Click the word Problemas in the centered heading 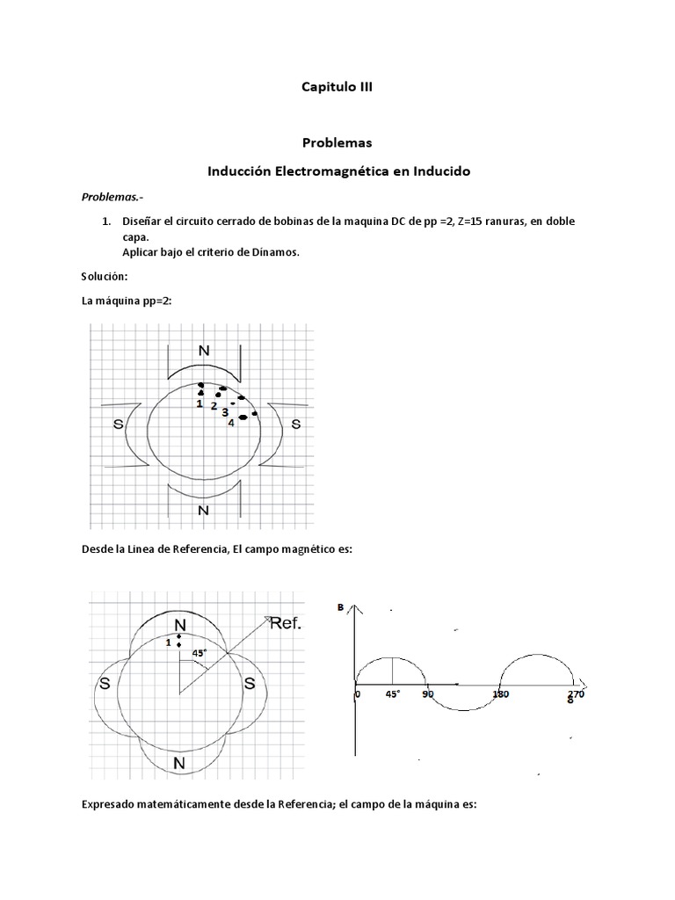(338, 142)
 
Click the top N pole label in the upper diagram (204, 350)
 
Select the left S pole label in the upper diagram (118, 424)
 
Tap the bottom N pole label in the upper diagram (203, 509)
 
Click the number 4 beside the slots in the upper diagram (231, 423)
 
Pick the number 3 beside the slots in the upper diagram (225, 412)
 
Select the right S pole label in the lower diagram (250, 684)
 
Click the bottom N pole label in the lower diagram (178, 763)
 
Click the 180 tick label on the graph (501, 694)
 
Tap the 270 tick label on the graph (576, 694)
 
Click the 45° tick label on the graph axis (392, 694)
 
